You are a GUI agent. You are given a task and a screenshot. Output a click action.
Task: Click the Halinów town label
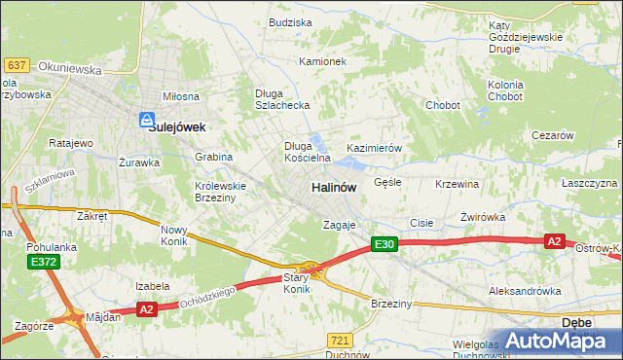click(333, 186)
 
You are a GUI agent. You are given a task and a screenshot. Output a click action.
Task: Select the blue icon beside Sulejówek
click(146, 121)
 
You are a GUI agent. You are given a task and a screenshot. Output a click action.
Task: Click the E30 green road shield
click(384, 246)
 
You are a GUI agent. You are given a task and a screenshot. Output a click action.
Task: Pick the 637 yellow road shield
click(17, 65)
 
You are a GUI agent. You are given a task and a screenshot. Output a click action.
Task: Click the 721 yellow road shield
click(339, 340)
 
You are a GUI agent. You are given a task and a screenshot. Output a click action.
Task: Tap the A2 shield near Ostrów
click(555, 240)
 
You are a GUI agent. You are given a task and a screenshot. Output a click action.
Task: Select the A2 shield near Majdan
click(147, 308)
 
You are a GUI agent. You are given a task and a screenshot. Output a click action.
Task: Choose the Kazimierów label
click(375, 148)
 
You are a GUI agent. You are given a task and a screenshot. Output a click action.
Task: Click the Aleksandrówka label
click(526, 291)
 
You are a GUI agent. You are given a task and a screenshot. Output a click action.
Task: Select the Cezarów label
click(552, 136)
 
